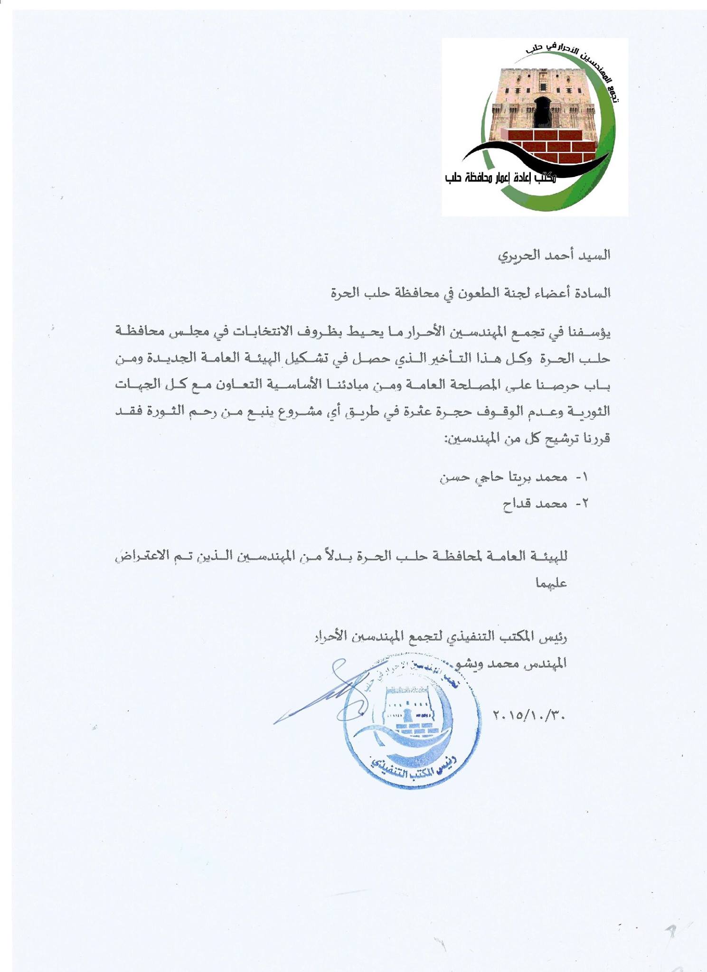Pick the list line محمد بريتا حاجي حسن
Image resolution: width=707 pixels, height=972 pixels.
tap(503, 477)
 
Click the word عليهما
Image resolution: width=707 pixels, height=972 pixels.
tap(551, 583)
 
